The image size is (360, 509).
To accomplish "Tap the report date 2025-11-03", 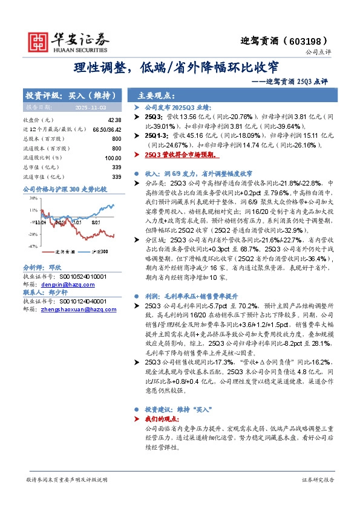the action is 89,107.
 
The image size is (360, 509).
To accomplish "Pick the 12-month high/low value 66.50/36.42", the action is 107,129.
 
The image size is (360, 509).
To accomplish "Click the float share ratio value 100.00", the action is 113,157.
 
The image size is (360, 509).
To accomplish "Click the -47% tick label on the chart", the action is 32,247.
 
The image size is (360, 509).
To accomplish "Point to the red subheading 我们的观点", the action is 164,418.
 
